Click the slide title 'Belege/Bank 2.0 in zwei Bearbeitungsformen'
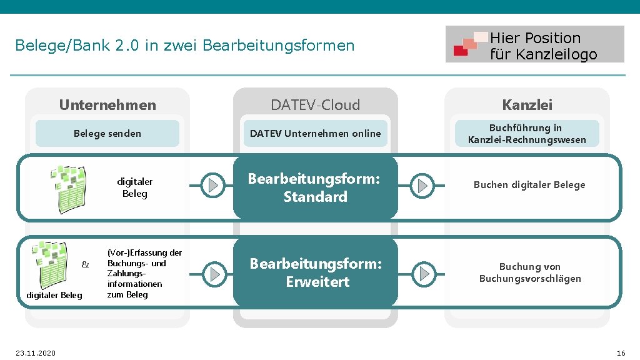pos(184,46)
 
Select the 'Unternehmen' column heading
pos(107,105)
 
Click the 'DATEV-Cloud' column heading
pos(315,105)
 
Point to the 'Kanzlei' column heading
pos(527,105)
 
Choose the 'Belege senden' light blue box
pos(107,133)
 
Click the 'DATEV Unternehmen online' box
pos(315,133)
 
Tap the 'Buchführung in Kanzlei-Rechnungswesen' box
pos(527,133)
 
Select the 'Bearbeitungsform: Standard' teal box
pos(315,187)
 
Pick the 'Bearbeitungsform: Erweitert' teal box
pos(315,272)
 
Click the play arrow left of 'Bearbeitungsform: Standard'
pos(214,185)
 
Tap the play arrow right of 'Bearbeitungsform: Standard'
pos(423,185)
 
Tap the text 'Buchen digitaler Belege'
pos(529,185)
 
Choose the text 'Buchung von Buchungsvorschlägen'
pos(530,273)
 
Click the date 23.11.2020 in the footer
pos(36,353)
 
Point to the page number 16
pos(620,353)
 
